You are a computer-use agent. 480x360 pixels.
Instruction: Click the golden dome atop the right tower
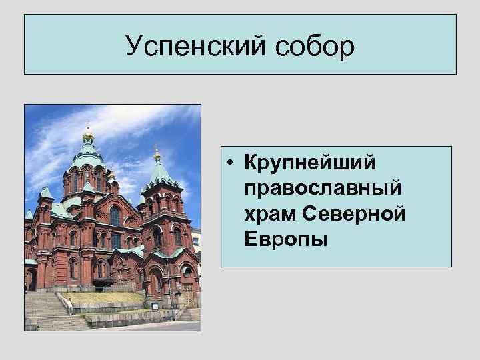click(157, 155)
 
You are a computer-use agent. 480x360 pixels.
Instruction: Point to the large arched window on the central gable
click(115, 216)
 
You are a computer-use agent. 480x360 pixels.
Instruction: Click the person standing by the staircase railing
click(68, 305)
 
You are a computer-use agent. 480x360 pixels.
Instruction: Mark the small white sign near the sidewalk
click(155, 306)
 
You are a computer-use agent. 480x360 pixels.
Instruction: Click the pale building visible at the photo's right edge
click(196, 240)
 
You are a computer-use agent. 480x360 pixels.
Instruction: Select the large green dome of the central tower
click(88, 159)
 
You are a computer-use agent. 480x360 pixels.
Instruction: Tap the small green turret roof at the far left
click(46, 193)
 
